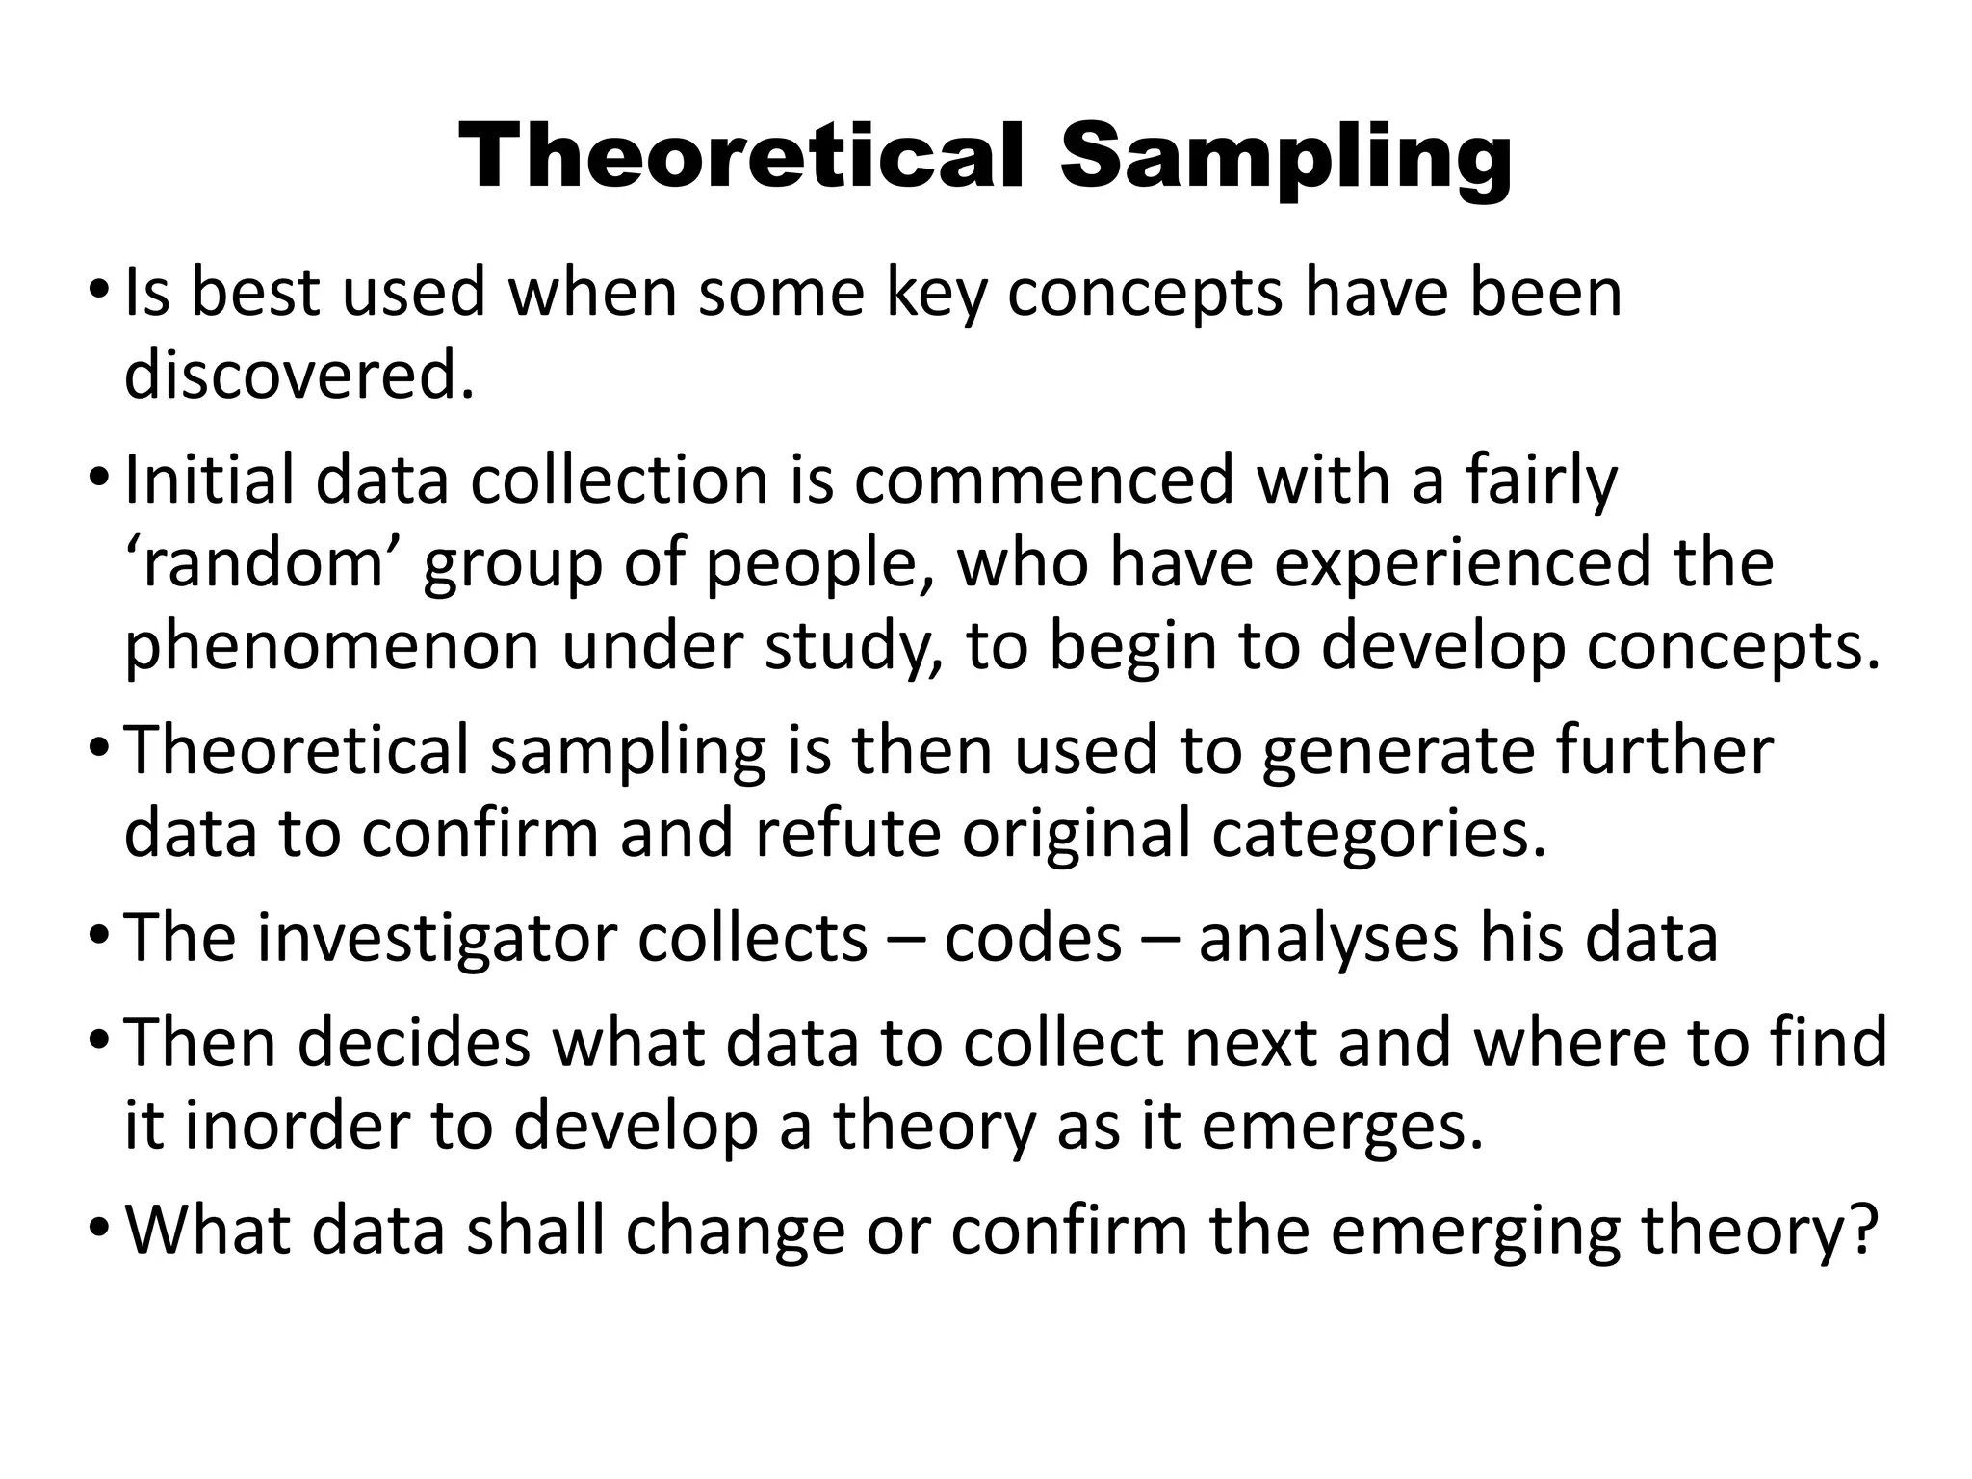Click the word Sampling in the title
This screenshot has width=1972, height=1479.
click(x=1285, y=158)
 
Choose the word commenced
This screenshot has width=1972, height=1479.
click(x=1044, y=480)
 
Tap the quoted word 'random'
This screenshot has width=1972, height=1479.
click(x=263, y=563)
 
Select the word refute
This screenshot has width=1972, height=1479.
click(x=846, y=834)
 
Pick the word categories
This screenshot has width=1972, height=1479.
click(x=1378, y=834)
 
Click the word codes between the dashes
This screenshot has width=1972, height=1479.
click(x=1032, y=938)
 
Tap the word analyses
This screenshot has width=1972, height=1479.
click(x=1328, y=938)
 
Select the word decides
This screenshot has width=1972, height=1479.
click(x=414, y=1042)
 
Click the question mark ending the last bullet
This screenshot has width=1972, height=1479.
click(x=1866, y=1229)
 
